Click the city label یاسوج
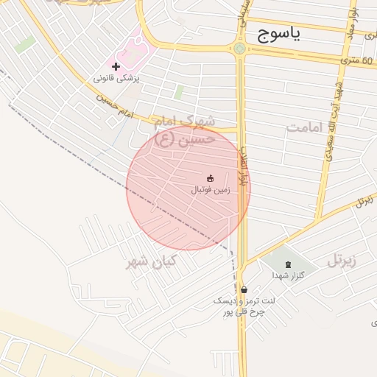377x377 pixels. pyautogui.click(x=280, y=35)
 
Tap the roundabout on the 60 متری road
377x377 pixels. pyautogui.click(x=239, y=50)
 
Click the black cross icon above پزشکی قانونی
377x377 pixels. pyautogui.click(x=116, y=67)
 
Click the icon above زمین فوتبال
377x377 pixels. pyautogui.click(x=210, y=178)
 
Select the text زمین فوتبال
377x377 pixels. pyautogui.click(x=211, y=189)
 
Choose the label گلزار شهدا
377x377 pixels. pyautogui.click(x=283, y=275)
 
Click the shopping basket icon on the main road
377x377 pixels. pyautogui.click(x=244, y=289)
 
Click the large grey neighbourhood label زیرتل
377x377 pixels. pyautogui.click(x=342, y=260)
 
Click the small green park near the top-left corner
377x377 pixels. pyautogui.click(x=25, y=45)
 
